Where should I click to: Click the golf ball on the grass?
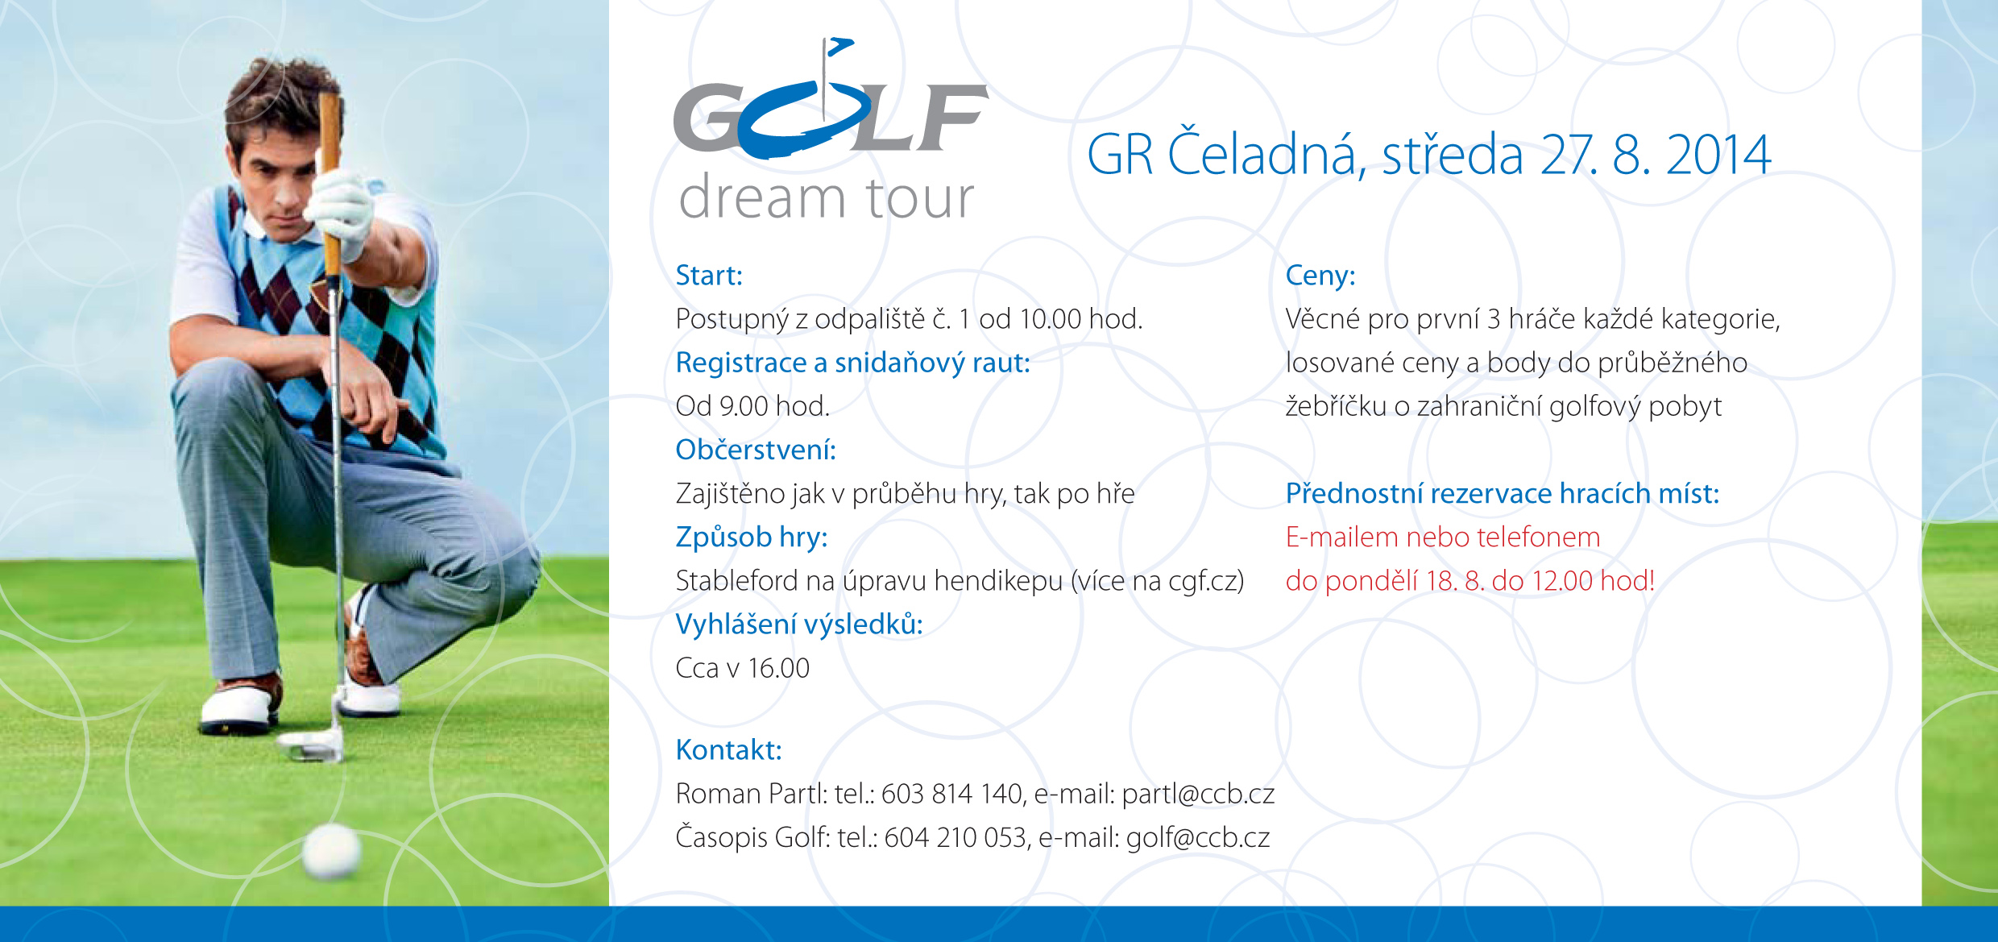331,850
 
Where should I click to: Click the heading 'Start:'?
709,276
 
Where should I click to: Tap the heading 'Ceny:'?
1320,276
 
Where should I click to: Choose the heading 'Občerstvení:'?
756,450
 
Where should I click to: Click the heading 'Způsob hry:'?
752,537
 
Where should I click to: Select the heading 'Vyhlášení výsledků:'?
799,625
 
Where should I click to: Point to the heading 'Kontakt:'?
728,750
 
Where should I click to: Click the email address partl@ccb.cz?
1198,795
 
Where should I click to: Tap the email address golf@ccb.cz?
1198,838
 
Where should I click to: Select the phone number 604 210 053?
955,838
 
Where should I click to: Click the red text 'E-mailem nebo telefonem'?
1443,537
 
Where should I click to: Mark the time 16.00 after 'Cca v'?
778,668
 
